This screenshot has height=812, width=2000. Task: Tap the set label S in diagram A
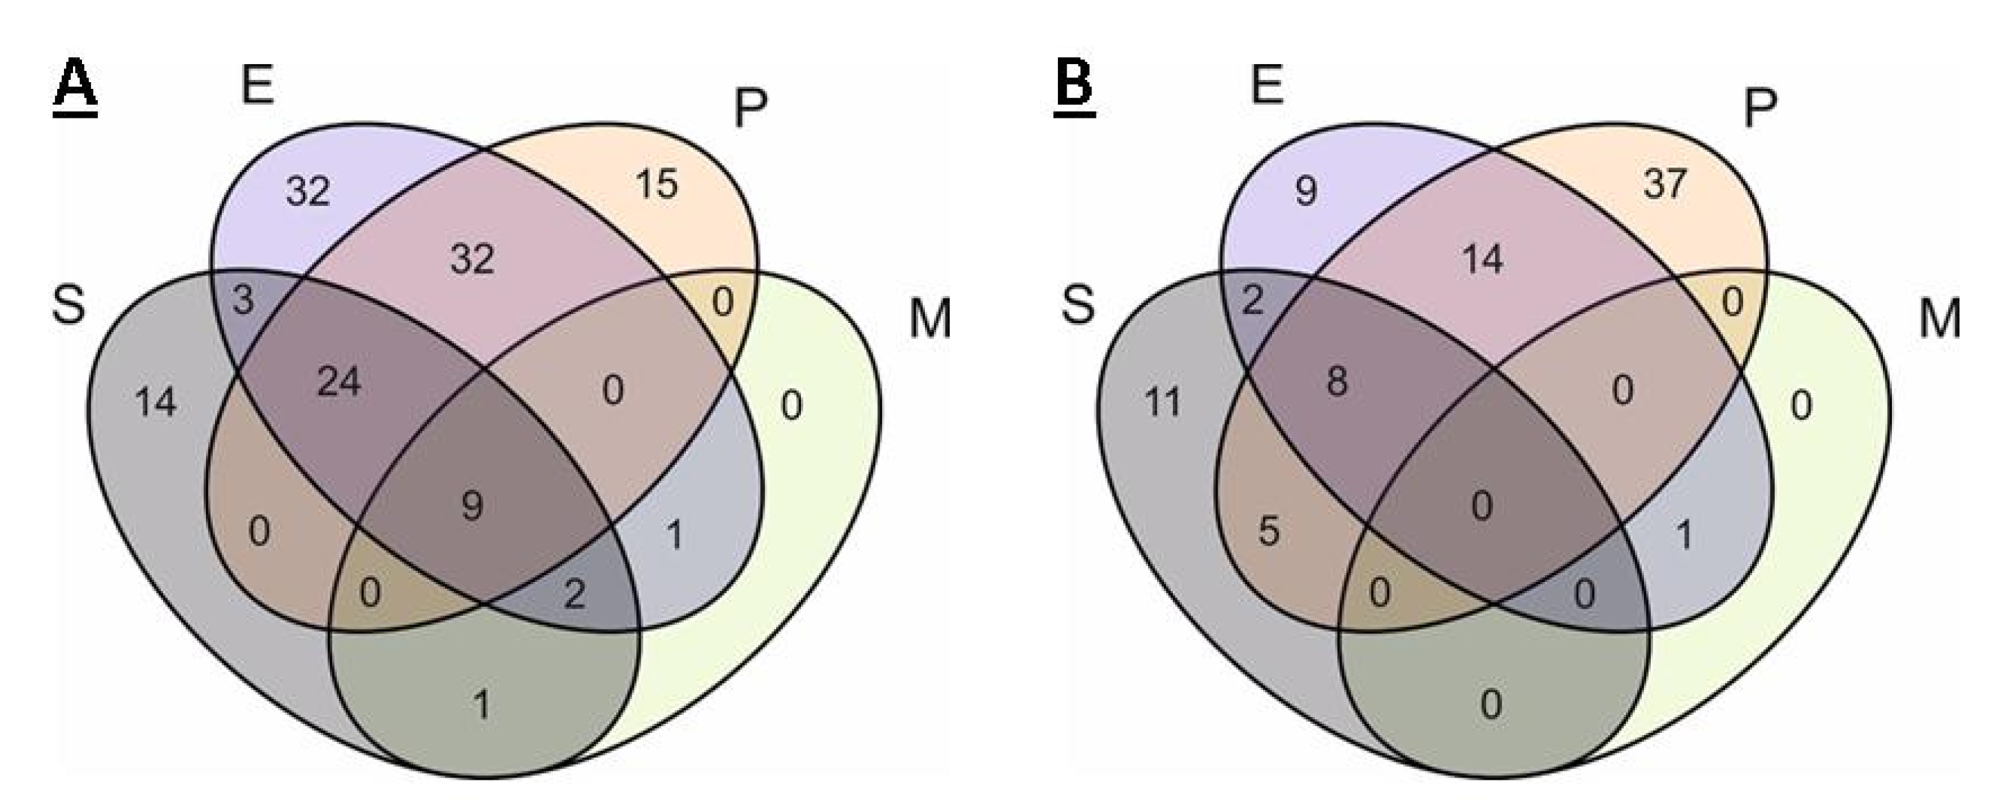67,305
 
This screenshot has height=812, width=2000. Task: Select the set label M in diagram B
1939,318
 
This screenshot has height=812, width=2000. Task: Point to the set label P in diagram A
750,109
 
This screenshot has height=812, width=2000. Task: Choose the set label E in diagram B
1267,85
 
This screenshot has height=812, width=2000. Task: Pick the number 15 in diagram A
657,185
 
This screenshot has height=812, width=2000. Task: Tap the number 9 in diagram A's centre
472,506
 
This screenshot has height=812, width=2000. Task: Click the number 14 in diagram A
156,402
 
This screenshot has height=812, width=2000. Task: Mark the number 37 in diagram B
1665,185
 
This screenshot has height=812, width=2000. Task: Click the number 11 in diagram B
1163,402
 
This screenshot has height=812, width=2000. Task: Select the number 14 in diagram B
1483,259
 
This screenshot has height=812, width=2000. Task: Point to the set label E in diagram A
258,85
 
